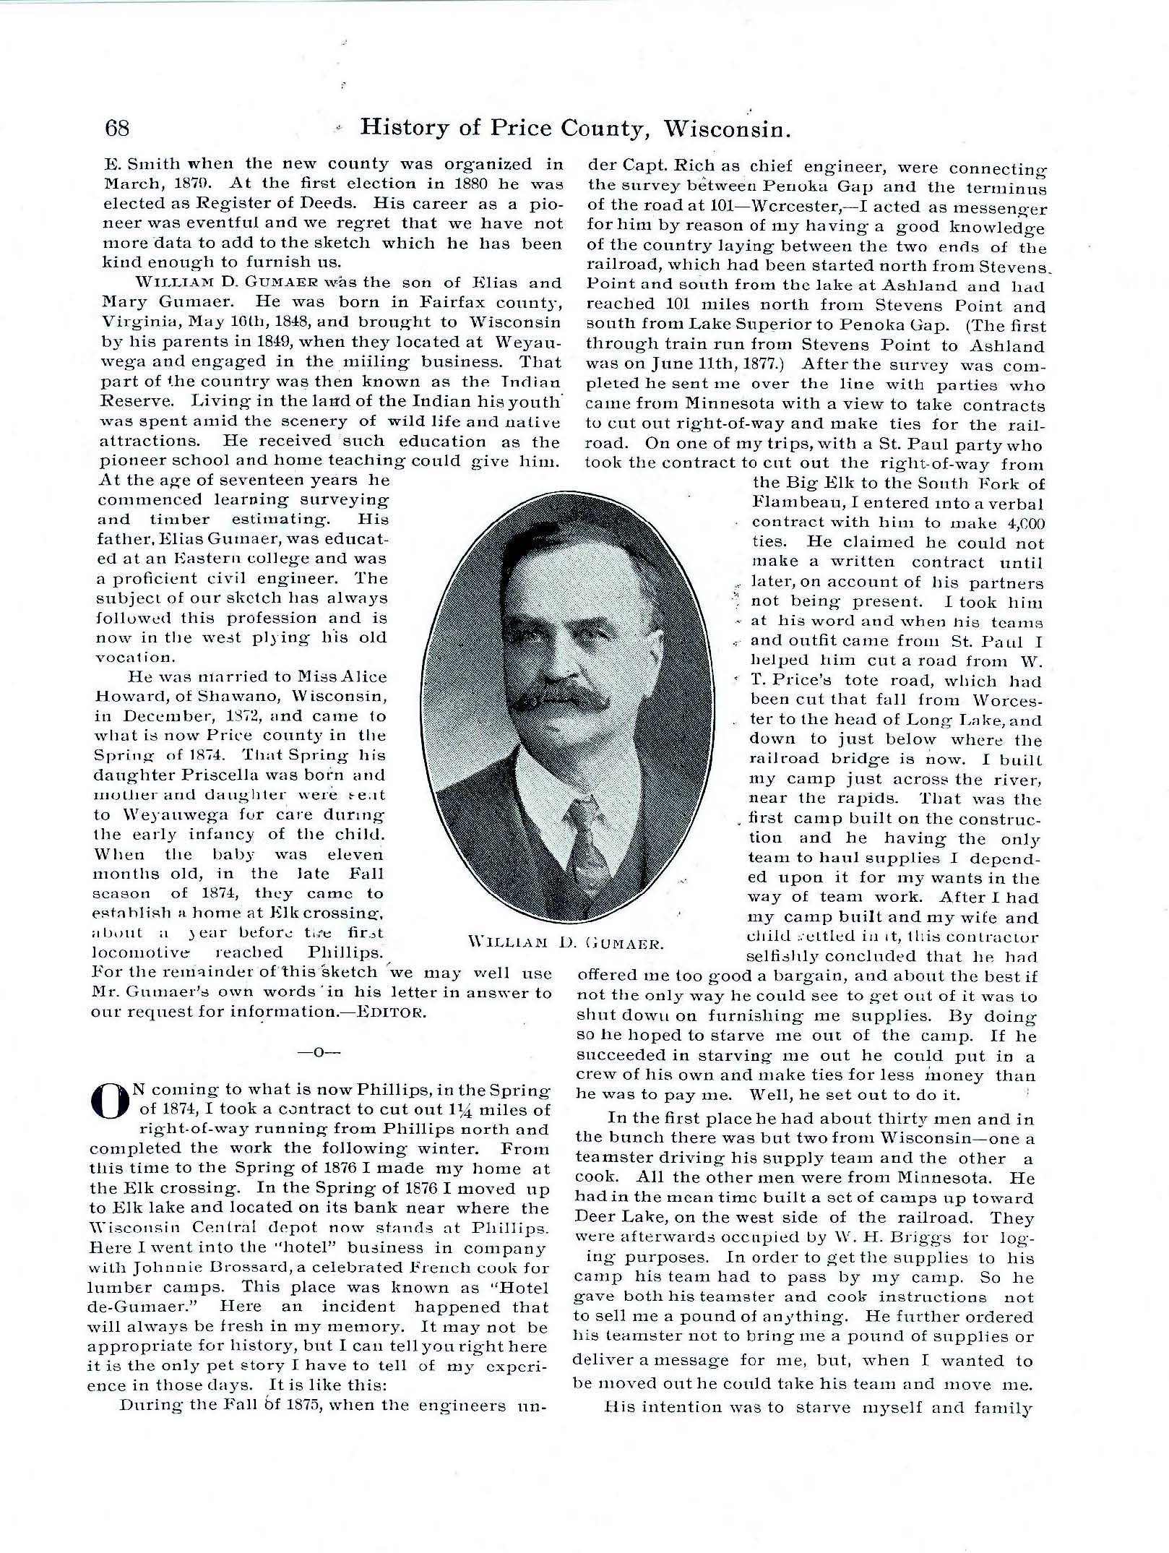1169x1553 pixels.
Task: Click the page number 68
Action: (117, 128)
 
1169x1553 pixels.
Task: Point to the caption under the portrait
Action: (566, 942)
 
